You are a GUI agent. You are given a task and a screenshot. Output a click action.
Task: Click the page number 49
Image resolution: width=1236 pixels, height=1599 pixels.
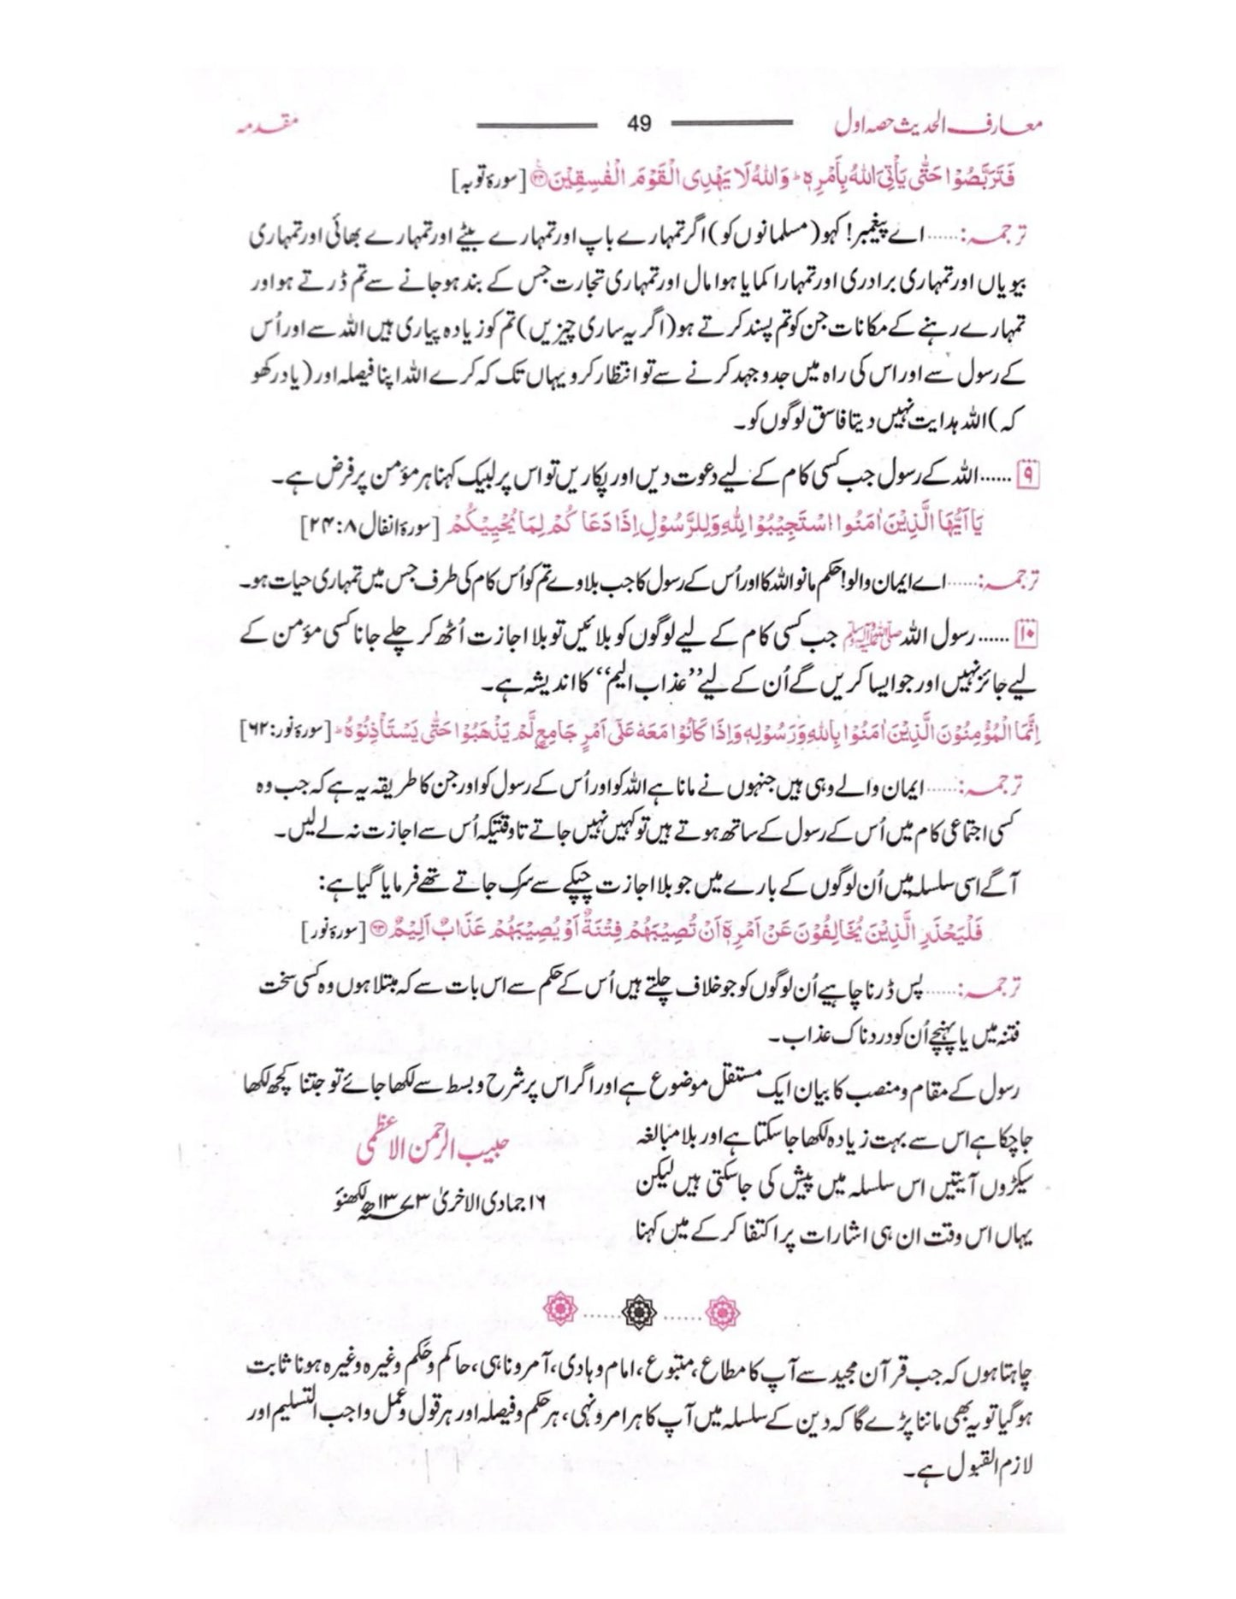[639, 124]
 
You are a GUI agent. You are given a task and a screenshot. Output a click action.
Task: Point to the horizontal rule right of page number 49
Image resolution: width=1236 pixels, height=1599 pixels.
[731, 125]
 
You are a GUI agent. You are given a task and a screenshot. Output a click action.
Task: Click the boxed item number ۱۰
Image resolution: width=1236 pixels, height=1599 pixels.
[1025, 637]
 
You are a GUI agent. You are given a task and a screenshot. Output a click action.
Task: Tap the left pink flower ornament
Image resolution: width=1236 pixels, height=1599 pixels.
[561, 1309]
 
